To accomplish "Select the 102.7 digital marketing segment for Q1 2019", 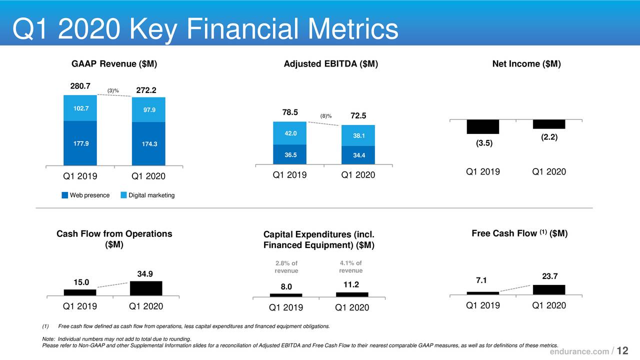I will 80,108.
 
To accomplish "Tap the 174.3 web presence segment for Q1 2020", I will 148,144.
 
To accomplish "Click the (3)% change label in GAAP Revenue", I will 113,90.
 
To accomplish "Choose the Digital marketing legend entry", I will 147,195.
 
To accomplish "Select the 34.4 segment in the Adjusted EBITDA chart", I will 358,155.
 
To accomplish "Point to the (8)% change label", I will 326,115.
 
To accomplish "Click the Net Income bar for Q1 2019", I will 482,127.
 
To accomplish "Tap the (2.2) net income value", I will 549,137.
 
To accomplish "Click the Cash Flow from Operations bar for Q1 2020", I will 146,288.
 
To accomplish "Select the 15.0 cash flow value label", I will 80,282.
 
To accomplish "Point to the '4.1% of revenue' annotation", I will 350,267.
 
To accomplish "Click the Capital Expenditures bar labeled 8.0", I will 286,295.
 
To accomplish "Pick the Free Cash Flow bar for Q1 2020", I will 549,290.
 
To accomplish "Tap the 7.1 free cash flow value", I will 482,278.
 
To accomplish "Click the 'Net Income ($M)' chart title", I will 526,64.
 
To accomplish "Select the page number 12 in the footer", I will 623,351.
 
